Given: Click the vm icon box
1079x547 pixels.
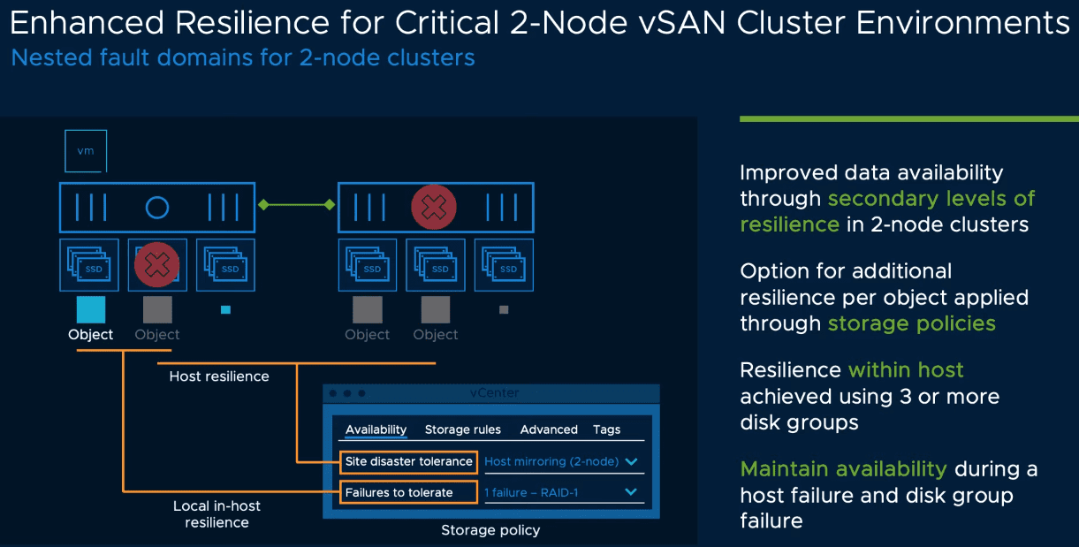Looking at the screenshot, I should (x=86, y=151).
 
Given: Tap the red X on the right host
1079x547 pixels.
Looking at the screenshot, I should (x=434, y=208).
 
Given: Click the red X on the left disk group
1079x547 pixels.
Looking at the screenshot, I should (x=156, y=264).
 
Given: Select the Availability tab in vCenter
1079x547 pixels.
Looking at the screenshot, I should (x=376, y=429).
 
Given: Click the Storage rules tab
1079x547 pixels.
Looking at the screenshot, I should (x=462, y=429).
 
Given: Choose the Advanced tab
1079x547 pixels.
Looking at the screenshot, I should (x=549, y=429).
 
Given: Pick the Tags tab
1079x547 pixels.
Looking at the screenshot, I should (x=606, y=429).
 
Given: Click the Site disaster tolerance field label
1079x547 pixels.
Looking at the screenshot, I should (x=408, y=461).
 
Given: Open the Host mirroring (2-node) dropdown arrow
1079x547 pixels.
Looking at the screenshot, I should (x=631, y=461).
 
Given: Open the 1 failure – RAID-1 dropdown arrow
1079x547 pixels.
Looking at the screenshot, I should (x=631, y=492).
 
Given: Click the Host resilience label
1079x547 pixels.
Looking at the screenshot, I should (x=219, y=376).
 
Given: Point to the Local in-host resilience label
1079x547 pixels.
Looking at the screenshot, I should (x=217, y=514).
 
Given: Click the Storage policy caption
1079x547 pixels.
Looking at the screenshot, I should (x=490, y=530).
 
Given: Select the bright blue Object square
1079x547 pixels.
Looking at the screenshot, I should (x=91, y=309).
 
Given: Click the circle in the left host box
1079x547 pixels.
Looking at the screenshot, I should (x=157, y=208).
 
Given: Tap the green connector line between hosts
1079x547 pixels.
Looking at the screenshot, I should (x=296, y=205).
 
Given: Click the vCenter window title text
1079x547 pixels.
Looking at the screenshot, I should (x=495, y=392).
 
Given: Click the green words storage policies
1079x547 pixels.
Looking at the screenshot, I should (x=911, y=323).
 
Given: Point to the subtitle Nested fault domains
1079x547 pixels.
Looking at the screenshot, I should (x=243, y=58).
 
